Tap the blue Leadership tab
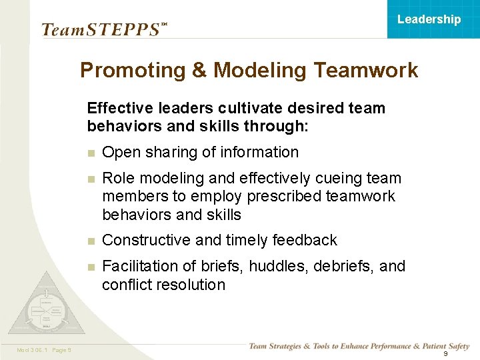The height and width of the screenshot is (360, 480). (x=429, y=19)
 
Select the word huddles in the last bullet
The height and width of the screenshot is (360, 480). (x=273, y=267)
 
